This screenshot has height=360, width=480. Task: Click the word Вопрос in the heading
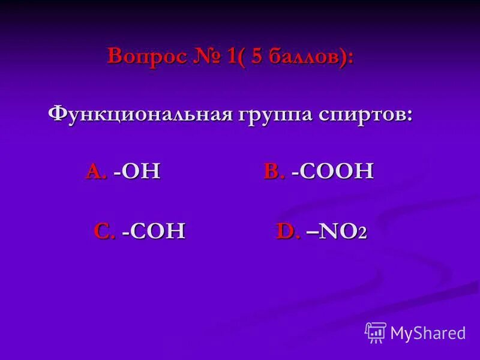[146, 57]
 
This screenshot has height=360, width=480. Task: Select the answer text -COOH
[332, 172]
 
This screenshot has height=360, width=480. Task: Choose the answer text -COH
[154, 231]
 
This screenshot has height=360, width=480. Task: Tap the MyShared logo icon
[376, 332]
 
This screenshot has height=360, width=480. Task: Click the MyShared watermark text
[427, 333]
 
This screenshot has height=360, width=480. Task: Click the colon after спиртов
[409, 116]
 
